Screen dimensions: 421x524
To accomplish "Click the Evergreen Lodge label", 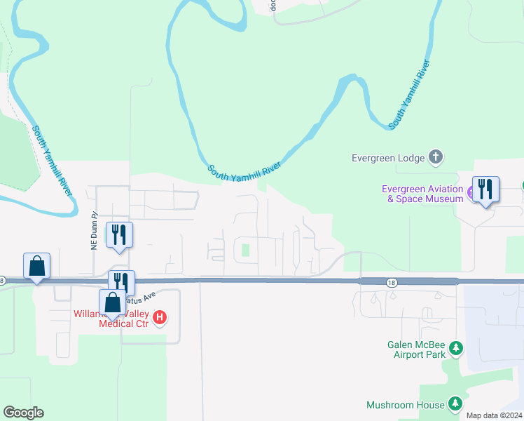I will click(x=387, y=158).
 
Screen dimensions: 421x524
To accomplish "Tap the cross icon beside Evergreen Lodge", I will click(x=436, y=157).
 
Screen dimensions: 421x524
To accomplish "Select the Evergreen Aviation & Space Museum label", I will click(x=422, y=194).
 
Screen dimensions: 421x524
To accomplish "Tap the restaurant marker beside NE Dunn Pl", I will click(x=119, y=235).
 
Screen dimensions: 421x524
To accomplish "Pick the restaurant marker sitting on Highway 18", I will click(x=121, y=283).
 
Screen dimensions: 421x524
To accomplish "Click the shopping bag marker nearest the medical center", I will click(x=112, y=303).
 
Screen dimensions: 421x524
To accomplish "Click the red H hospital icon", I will click(x=160, y=318).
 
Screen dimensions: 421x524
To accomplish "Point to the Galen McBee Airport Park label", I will click(x=416, y=349).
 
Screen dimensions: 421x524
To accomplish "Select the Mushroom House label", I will click(x=405, y=405).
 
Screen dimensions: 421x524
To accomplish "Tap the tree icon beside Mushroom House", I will click(x=455, y=403).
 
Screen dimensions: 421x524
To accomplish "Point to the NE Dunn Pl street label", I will click(x=91, y=232).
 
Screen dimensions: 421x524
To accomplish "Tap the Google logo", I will click(x=23, y=413).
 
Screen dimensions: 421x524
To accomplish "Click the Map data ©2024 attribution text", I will click(x=493, y=415).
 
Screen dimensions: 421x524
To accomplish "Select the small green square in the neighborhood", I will click(x=245, y=250).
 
